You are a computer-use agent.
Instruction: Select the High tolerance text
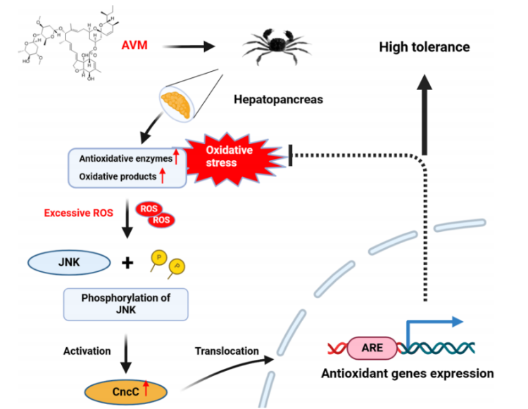click(424, 48)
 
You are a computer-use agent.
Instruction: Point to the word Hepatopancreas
click(278, 100)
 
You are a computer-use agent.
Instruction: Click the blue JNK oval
click(68, 263)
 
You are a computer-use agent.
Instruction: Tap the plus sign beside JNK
click(127, 264)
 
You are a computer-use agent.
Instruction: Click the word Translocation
click(227, 351)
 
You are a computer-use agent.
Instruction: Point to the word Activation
click(88, 351)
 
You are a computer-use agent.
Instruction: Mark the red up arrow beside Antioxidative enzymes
click(176, 159)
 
